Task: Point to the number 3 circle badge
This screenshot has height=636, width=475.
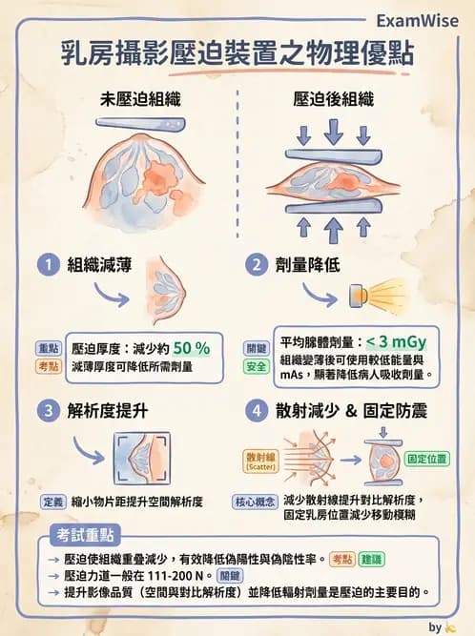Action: coord(45,412)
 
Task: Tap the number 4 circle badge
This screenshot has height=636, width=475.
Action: coord(254,412)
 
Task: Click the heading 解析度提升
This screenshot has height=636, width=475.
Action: coord(107,412)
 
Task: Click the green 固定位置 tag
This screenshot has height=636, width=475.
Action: coord(427,459)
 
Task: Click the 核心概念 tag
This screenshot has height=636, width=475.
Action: coord(256,501)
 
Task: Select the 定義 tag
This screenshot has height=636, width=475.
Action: coord(52,501)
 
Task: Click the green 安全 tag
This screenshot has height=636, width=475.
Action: coord(257,366)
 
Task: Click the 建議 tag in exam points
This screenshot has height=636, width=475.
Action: coord(372,559)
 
